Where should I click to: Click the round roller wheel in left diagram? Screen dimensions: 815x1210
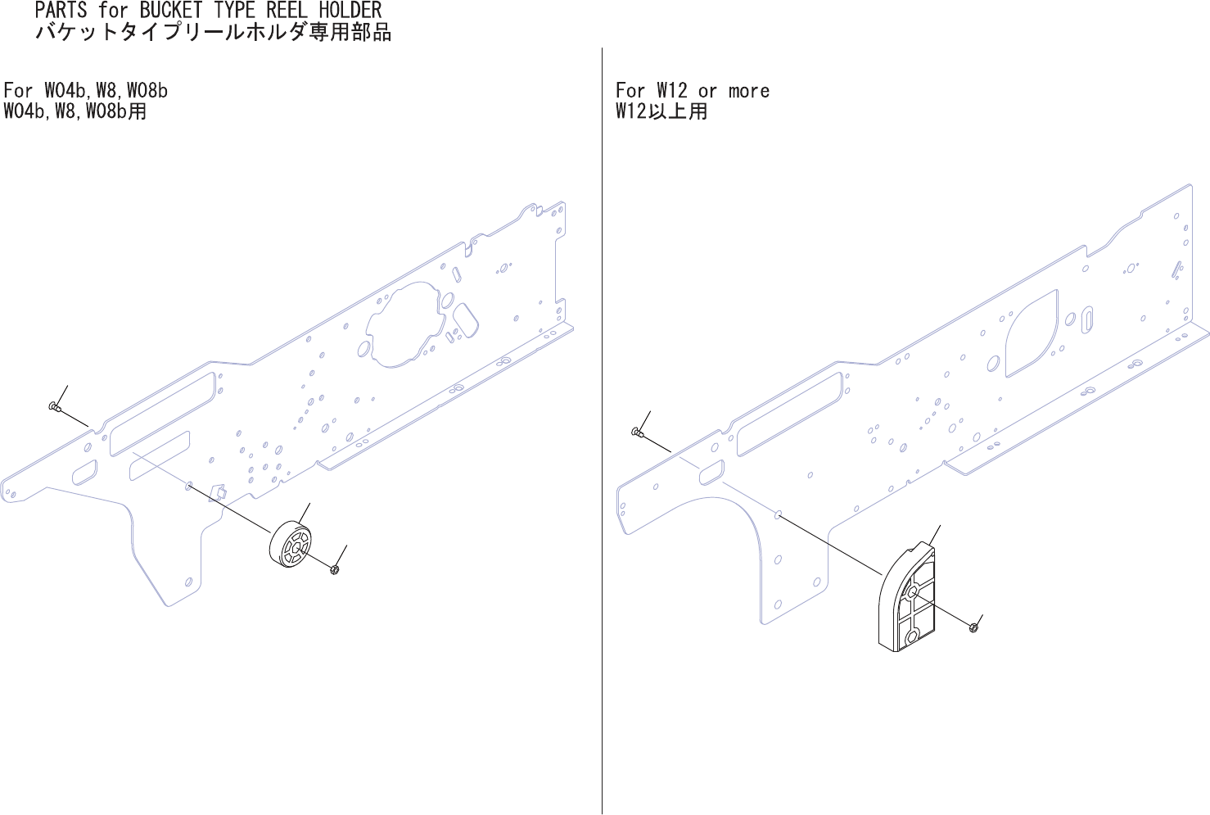tap(290, 543)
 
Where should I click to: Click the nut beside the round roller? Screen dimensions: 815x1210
tap(335, 568)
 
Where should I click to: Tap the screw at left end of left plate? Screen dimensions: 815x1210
tap(54, 406)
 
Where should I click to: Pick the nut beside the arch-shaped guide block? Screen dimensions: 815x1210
tap(973, 627)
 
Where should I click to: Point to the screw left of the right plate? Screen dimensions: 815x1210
tap(638, 432)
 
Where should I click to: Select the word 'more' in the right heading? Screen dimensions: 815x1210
tap(749, 90)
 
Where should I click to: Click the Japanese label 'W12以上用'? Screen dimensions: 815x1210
tap(661, 111)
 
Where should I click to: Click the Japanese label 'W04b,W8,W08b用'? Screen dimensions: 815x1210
tap(75, 111)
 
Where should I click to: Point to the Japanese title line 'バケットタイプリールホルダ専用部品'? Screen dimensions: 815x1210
tap(213, 33)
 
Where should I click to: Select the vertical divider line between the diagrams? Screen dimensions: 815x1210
tap(602, 410)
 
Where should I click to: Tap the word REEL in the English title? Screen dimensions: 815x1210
tap(289, 11)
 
